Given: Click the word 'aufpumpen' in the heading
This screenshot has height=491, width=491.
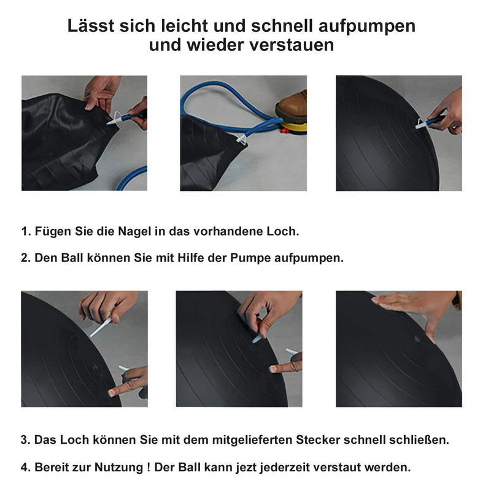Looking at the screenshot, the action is [367, 26].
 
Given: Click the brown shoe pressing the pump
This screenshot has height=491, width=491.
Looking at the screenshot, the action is [291, 107].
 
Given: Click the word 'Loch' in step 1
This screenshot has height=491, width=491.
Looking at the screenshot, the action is [283, 231].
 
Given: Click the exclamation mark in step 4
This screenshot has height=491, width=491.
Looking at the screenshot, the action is [149, 467].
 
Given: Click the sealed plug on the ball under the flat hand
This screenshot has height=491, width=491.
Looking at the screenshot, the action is [417, 339].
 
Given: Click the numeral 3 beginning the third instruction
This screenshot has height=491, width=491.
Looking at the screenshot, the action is [24, 439].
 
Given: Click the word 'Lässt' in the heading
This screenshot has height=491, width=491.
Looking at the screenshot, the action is [90, 26].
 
